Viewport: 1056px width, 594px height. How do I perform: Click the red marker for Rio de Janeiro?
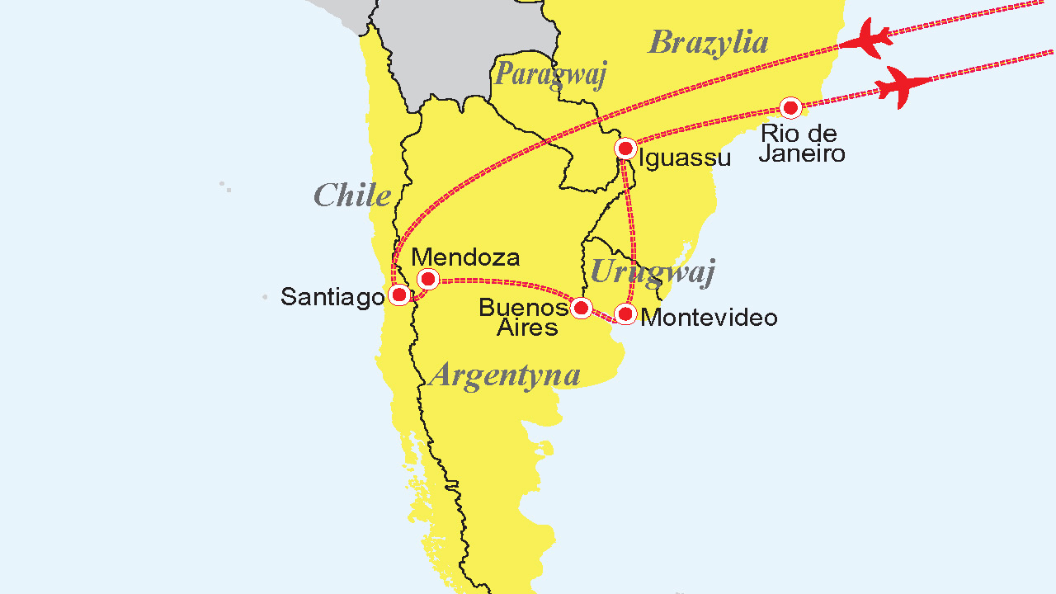click(790, 108)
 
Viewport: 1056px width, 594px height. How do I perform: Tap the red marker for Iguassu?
click(625, 149)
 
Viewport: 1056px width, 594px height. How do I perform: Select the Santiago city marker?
click(398, 295)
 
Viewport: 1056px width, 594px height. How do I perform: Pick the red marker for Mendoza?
click(427, 279)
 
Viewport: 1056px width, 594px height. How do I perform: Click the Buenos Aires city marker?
click(581, 309)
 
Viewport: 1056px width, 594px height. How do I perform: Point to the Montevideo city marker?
click(625, 313)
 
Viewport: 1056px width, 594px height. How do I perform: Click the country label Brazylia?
click(708, 42)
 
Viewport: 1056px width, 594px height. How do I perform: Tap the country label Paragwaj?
click(550, 74)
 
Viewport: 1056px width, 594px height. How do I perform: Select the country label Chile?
click(352, 196)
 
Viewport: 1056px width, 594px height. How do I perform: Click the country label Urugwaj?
click(653, 271)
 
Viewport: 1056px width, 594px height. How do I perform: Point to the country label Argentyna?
click(505, 375)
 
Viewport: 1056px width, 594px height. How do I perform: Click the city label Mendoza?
click(465, 257)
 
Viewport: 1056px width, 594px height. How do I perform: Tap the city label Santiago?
click(332, 297)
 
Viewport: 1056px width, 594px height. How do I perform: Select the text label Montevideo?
click(709, 318)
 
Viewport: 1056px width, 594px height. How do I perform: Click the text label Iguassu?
click(685, 158)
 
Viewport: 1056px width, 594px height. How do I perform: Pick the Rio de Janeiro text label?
click(801, 144)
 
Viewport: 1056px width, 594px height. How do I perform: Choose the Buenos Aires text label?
click(524, 318)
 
